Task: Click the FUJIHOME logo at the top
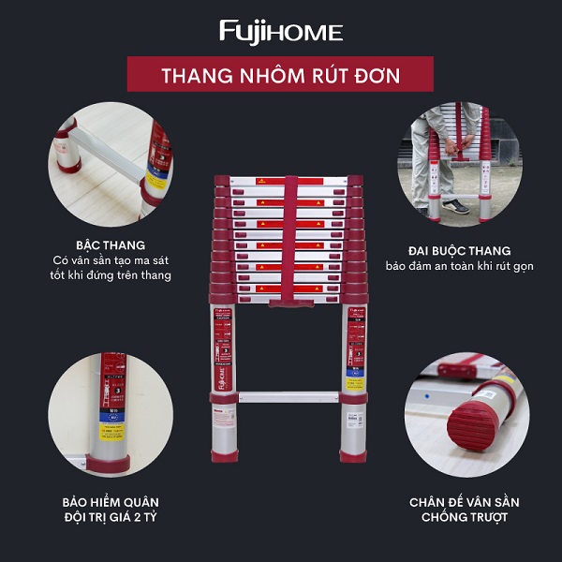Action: click(x=281, y=32)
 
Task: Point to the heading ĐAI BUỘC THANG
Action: click(x=459, y=250)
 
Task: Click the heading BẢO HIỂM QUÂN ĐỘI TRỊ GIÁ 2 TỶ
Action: click(x=111, y=510)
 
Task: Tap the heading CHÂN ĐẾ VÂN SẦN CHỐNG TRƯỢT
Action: click(x=464, y=510)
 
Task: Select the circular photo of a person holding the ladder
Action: click(x=459, y=164)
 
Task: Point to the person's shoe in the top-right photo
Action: click(x=455, y=207)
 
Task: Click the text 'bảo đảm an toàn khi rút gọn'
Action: click(x=459, y=266)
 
